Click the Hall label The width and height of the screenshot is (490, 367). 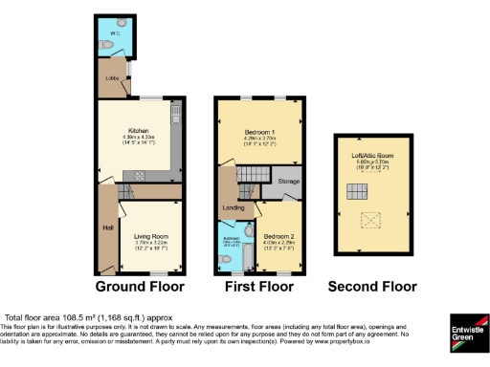[107, 227]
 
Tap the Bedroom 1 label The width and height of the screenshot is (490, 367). [258, 130]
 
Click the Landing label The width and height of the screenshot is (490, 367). [233, 206]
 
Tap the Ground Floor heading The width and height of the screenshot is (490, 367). [141, 286]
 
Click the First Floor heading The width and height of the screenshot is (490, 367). [259, 286]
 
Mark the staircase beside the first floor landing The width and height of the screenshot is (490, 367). [253, 175]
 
